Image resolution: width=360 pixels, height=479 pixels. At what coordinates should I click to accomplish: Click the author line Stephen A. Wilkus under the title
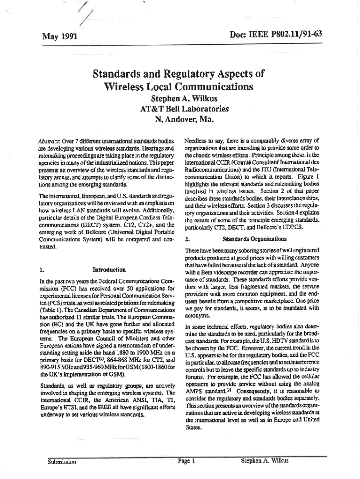point(180,99)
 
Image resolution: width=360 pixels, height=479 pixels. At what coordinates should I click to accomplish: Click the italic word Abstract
point(48,140)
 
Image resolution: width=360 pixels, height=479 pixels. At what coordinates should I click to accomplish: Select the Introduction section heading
point(109,270)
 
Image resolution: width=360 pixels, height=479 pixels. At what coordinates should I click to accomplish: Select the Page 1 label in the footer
point(186,461)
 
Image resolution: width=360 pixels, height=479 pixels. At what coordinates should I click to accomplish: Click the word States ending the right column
point(194,427)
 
